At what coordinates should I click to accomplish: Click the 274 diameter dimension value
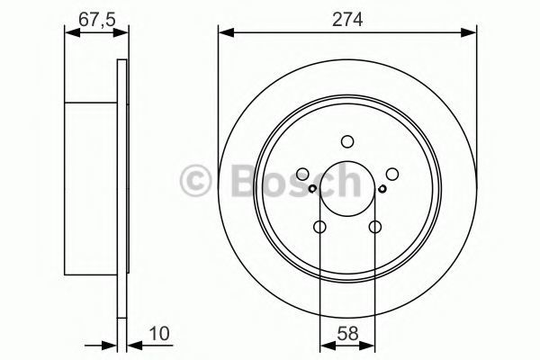click(x=347, y=19)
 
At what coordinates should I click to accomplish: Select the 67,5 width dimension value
click(x=96, y=19)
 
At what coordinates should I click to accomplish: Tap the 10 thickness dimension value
click(x=159, y=334)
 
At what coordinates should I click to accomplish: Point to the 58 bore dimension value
click(x=347, y=334)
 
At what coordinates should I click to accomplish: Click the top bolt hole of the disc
click(x=347, y=141)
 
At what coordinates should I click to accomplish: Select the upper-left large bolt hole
click(x=302, y=174)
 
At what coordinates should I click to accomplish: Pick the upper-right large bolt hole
click(x=392, y=174)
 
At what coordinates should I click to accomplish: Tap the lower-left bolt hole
click(x=319, y=227)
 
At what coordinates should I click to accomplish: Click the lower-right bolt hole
click(x=375, y=227)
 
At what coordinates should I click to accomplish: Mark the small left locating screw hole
click(x=312, y=188)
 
